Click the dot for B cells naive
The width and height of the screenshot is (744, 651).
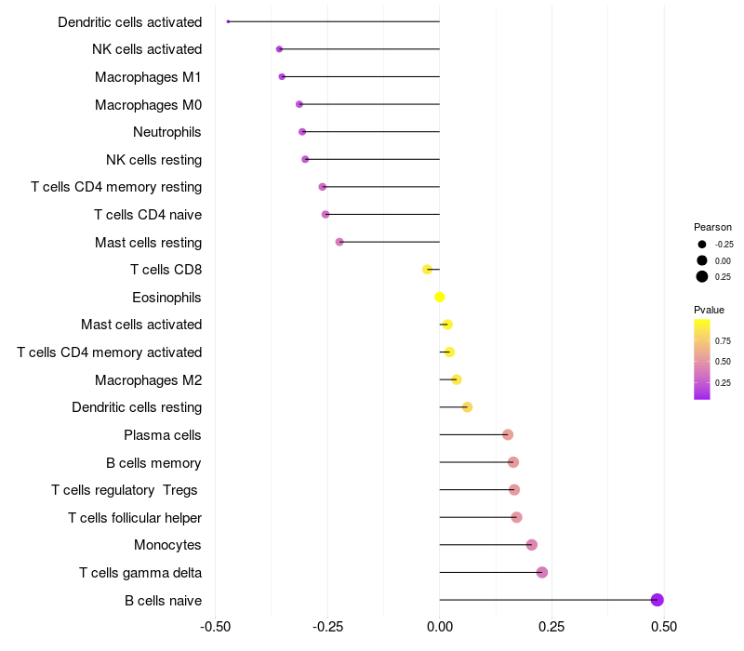[657, 600]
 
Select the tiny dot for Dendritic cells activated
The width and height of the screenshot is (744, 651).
[228, 21]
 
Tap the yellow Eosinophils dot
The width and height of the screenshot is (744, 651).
[439, 297]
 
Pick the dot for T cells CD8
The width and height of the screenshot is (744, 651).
[427, 270]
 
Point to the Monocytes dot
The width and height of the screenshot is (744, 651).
[532, 545]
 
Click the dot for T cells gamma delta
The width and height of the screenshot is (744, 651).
[542, 572]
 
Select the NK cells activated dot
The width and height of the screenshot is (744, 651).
[280, 49]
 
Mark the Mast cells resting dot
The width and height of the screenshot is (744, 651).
[339, 242]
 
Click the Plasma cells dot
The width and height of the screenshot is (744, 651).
[508, 434]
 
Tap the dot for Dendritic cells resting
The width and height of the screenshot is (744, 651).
[467, 407]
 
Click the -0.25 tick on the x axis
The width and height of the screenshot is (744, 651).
[327, 627]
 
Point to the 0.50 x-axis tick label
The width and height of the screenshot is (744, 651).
[664, 627]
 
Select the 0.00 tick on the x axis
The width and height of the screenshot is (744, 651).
[439, 627]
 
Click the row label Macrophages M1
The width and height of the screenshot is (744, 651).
[148, 77]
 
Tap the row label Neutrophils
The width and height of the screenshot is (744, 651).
[167, 132]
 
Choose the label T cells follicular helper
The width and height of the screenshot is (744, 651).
[135, 518]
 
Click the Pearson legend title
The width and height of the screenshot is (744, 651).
[712, 227]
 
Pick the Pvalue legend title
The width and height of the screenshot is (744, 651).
[709, 310]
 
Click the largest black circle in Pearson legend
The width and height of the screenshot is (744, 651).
[702, 276]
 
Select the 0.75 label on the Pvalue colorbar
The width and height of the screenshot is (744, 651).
[723, 341]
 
